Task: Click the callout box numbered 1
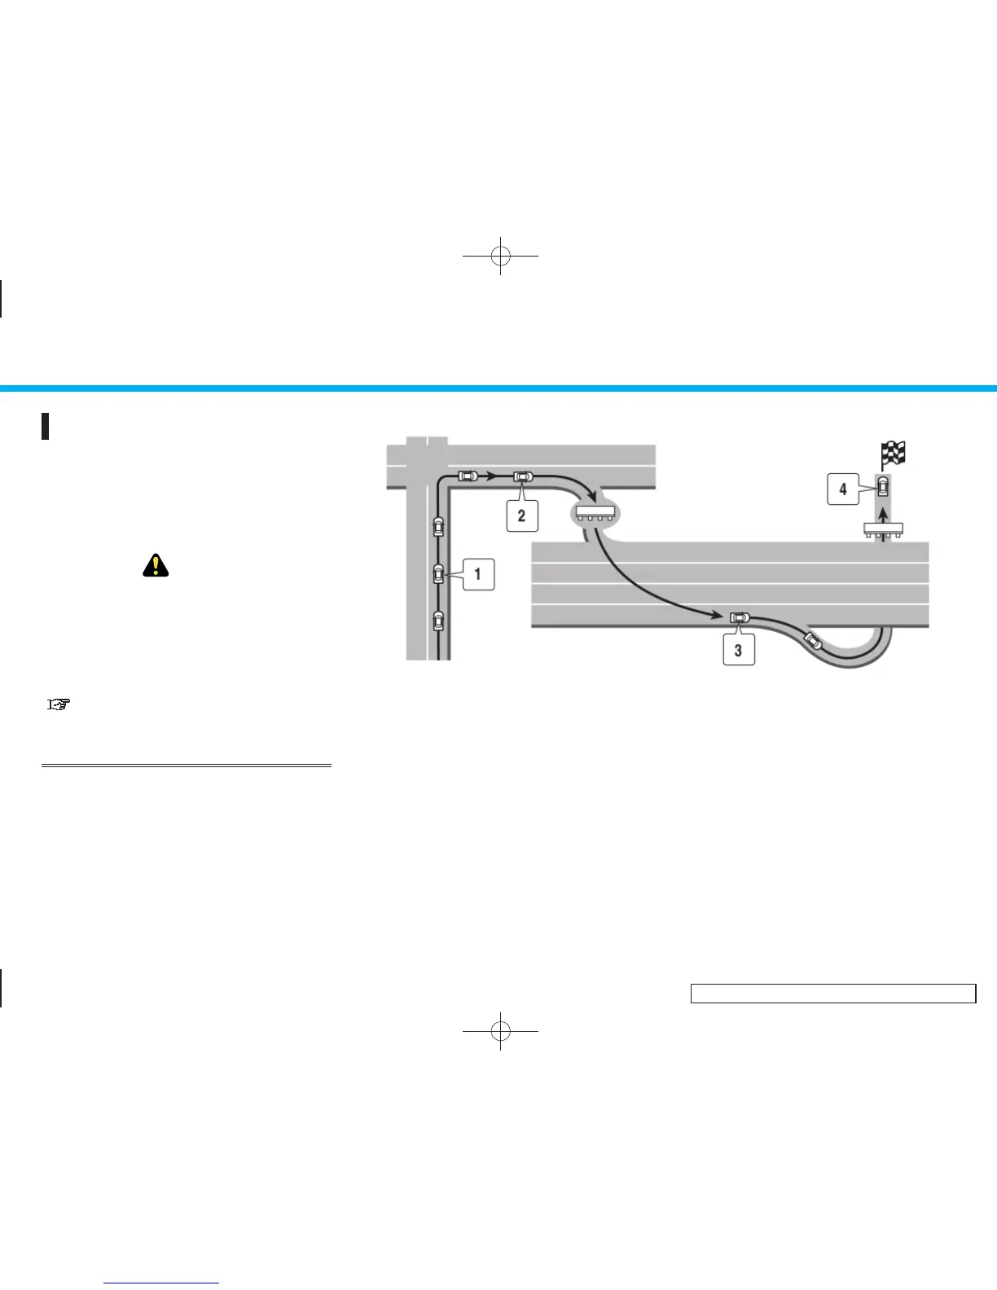click(478, 574)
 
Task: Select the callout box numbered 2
click(521, 516)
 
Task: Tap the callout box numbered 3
click(738, 650)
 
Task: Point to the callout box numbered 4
click(843, 489)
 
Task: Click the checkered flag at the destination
click(894, 453)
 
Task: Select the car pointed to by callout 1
click(438, 574)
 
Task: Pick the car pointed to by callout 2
click(522, 476)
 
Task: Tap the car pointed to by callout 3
click(739, 617)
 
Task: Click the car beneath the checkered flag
click(882, 488)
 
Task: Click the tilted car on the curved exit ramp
click(813, 641)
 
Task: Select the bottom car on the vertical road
click(438, 621)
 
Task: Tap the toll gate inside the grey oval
click(594, 513)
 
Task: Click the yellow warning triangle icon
click(155, 564)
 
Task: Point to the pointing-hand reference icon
click(59, 705)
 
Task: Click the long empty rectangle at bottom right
click(832, 994)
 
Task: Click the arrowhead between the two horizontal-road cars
click(492, 476)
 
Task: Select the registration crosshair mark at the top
click(500, 256)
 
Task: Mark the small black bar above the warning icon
click(46, 426)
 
